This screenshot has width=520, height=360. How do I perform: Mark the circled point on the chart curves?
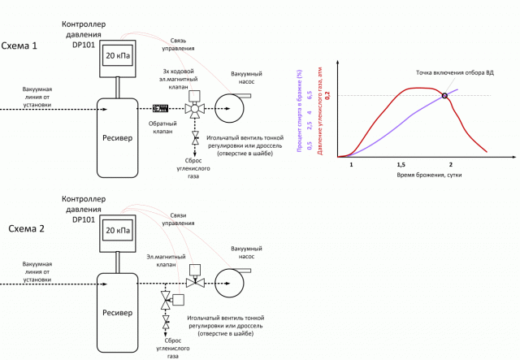coord(444,96)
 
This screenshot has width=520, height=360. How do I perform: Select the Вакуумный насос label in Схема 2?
coord(247,251)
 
